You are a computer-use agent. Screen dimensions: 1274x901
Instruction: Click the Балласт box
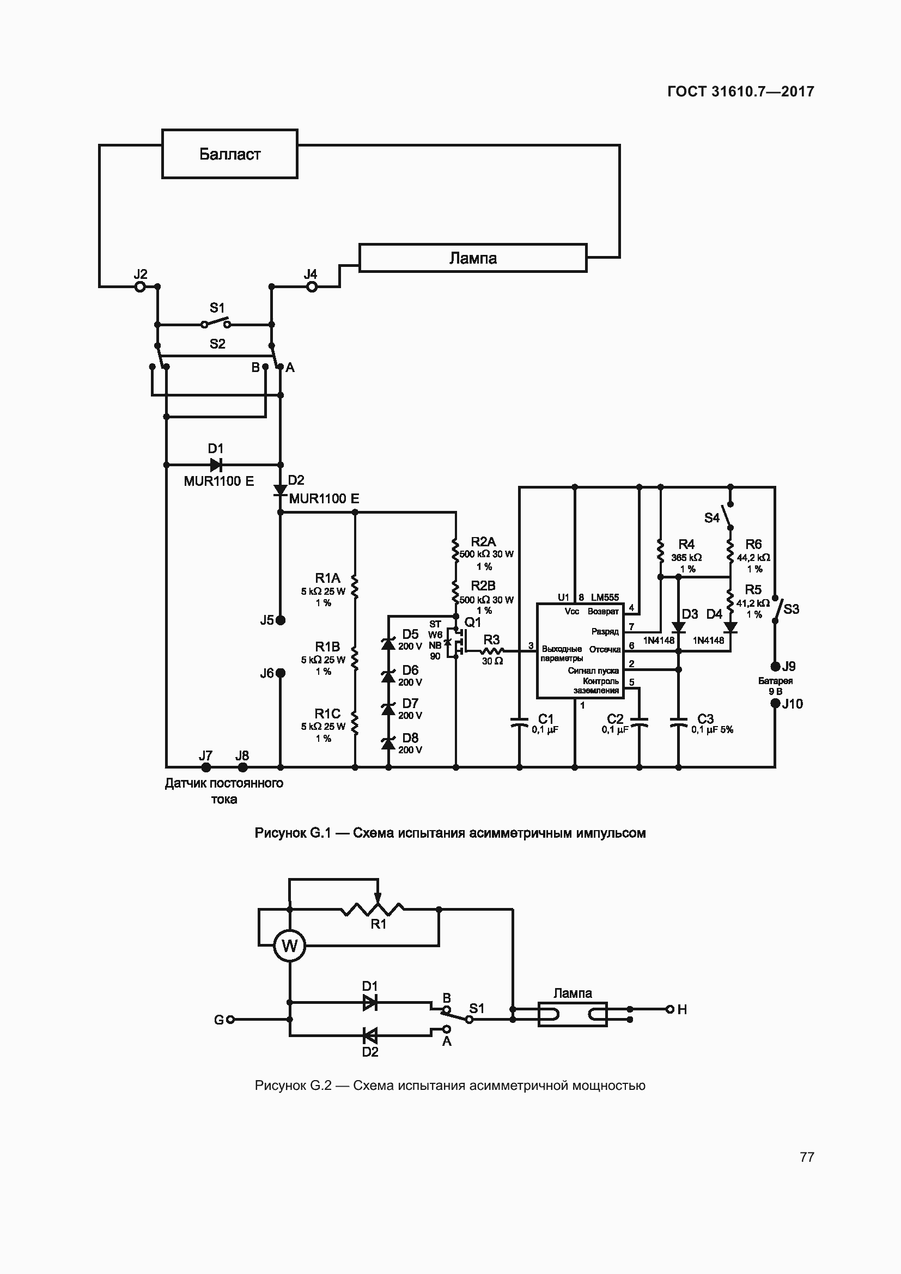tap(230, 154)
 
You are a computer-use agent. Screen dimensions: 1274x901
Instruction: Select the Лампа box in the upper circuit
tap(473, 258)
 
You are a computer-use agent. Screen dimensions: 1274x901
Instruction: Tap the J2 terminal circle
tap(141, 287)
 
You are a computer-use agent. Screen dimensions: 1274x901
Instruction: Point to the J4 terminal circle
tap(312, 287)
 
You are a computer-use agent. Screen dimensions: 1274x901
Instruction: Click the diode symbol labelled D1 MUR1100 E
tap(216, 465)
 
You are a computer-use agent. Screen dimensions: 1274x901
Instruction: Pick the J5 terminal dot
tap(281, 620)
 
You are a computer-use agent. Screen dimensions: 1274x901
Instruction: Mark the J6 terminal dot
tap(281, 673)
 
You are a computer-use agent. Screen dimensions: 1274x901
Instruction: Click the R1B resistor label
tap(327, 647)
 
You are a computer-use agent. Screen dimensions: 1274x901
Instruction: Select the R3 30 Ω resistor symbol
tap(491, 651)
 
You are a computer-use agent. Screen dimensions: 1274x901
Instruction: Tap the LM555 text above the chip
tap(605, 598)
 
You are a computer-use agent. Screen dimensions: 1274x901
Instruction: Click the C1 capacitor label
tap(546, 719)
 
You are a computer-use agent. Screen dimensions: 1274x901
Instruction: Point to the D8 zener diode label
tap(410, 738)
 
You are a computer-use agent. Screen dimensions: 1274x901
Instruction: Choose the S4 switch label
tap(712, 518)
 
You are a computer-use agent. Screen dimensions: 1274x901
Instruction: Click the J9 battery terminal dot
tap(776, 666)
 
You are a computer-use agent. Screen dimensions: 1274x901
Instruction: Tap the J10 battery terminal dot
tap(776, 704)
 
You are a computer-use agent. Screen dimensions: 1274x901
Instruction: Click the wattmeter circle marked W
tap(290, 946)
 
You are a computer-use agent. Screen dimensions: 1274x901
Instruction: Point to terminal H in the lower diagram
tap(670, 1009)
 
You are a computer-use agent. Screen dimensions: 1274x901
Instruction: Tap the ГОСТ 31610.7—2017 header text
tap(741, 92)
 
